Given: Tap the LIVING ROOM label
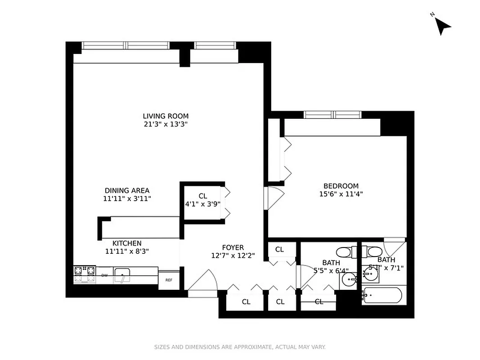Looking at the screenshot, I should [x=166, y=116].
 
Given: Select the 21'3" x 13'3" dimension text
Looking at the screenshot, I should [x=166, y=125].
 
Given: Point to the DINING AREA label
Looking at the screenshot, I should [x=127, y=190].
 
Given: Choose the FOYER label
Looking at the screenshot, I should [x=233, y=247].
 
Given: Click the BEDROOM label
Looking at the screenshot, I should [x=341, y=186].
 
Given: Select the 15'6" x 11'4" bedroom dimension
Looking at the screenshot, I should [x=341, y=194].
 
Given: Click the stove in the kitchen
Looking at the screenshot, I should [x=85, y=274].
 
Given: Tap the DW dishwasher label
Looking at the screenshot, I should [x=104, y=275].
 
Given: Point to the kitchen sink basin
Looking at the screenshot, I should [x=122, y=275].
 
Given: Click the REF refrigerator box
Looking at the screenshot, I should [x=169, y=280].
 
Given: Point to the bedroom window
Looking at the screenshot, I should [x=332, y=114].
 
